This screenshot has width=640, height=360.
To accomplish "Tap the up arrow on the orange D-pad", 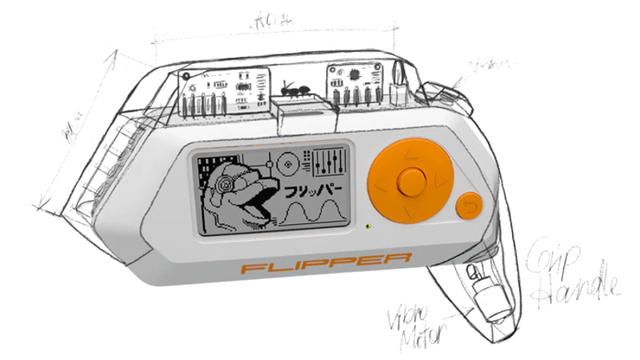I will point(409,150).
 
